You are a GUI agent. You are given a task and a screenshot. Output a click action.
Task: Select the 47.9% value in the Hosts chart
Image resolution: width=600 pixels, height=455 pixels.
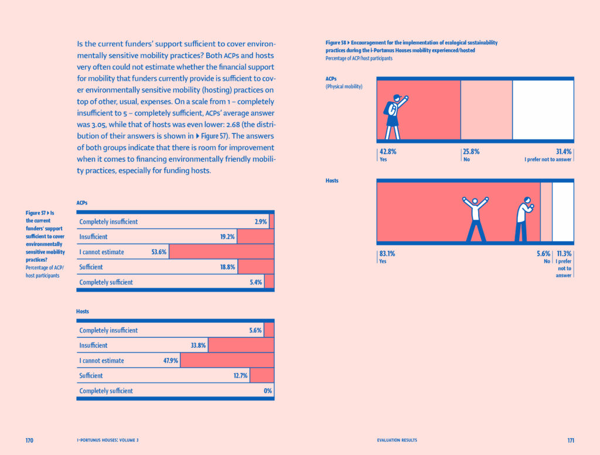(x=171, y=361)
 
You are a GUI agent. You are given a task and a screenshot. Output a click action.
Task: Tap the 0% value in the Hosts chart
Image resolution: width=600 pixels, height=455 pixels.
(x=268, y=391)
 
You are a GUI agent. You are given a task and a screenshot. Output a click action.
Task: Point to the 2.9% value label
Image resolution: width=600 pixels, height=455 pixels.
(x=261, y=222)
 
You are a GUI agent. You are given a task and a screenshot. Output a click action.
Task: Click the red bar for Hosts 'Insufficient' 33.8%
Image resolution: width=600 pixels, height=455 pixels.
(x=241, y=345)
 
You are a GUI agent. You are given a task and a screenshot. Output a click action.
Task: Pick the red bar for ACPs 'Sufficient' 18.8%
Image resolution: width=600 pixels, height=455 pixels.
(x=256, y=267)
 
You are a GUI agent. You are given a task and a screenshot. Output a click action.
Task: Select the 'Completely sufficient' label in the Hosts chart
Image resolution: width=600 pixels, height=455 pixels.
(x=106, y=391)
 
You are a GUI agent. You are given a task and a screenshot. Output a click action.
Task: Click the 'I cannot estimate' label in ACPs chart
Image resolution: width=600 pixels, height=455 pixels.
(x=102, y=252)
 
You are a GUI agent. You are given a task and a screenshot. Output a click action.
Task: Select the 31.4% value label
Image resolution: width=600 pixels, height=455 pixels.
(x=564, y=151)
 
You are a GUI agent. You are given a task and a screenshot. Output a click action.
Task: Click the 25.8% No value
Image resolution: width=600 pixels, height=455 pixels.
(x=471, y=151)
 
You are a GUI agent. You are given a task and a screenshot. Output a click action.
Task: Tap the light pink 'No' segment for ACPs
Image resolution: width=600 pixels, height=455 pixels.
(x=486, y=110)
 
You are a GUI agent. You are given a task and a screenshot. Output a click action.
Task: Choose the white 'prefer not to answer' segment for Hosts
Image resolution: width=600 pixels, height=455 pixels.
(x=562, y=212)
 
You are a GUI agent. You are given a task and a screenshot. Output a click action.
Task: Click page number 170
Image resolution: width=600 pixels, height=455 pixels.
(x=30, y=440)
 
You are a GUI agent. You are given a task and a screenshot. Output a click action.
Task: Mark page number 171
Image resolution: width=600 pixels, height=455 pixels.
(x=571, y=440)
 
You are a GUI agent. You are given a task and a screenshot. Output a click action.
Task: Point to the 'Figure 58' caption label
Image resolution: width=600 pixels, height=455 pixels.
(x=336, y=43)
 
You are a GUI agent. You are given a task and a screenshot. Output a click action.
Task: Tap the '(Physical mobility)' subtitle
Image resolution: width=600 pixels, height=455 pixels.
(x=344, y=87)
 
